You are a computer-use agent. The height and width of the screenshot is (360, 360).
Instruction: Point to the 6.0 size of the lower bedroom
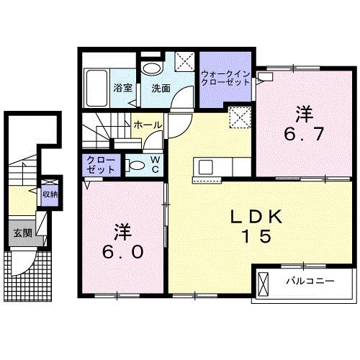coord(121,251)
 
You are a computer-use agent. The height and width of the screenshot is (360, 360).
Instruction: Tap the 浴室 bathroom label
coord(122,89)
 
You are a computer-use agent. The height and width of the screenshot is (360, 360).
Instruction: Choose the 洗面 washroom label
coord(160,89)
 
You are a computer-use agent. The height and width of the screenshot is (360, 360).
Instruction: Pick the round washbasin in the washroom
coord(151,68)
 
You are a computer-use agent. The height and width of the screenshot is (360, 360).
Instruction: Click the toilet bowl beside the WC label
coord(135,164)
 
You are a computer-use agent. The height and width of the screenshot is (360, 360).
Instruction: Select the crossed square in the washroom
coord(184,60)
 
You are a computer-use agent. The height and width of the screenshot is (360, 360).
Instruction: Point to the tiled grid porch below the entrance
coord(29,270)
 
